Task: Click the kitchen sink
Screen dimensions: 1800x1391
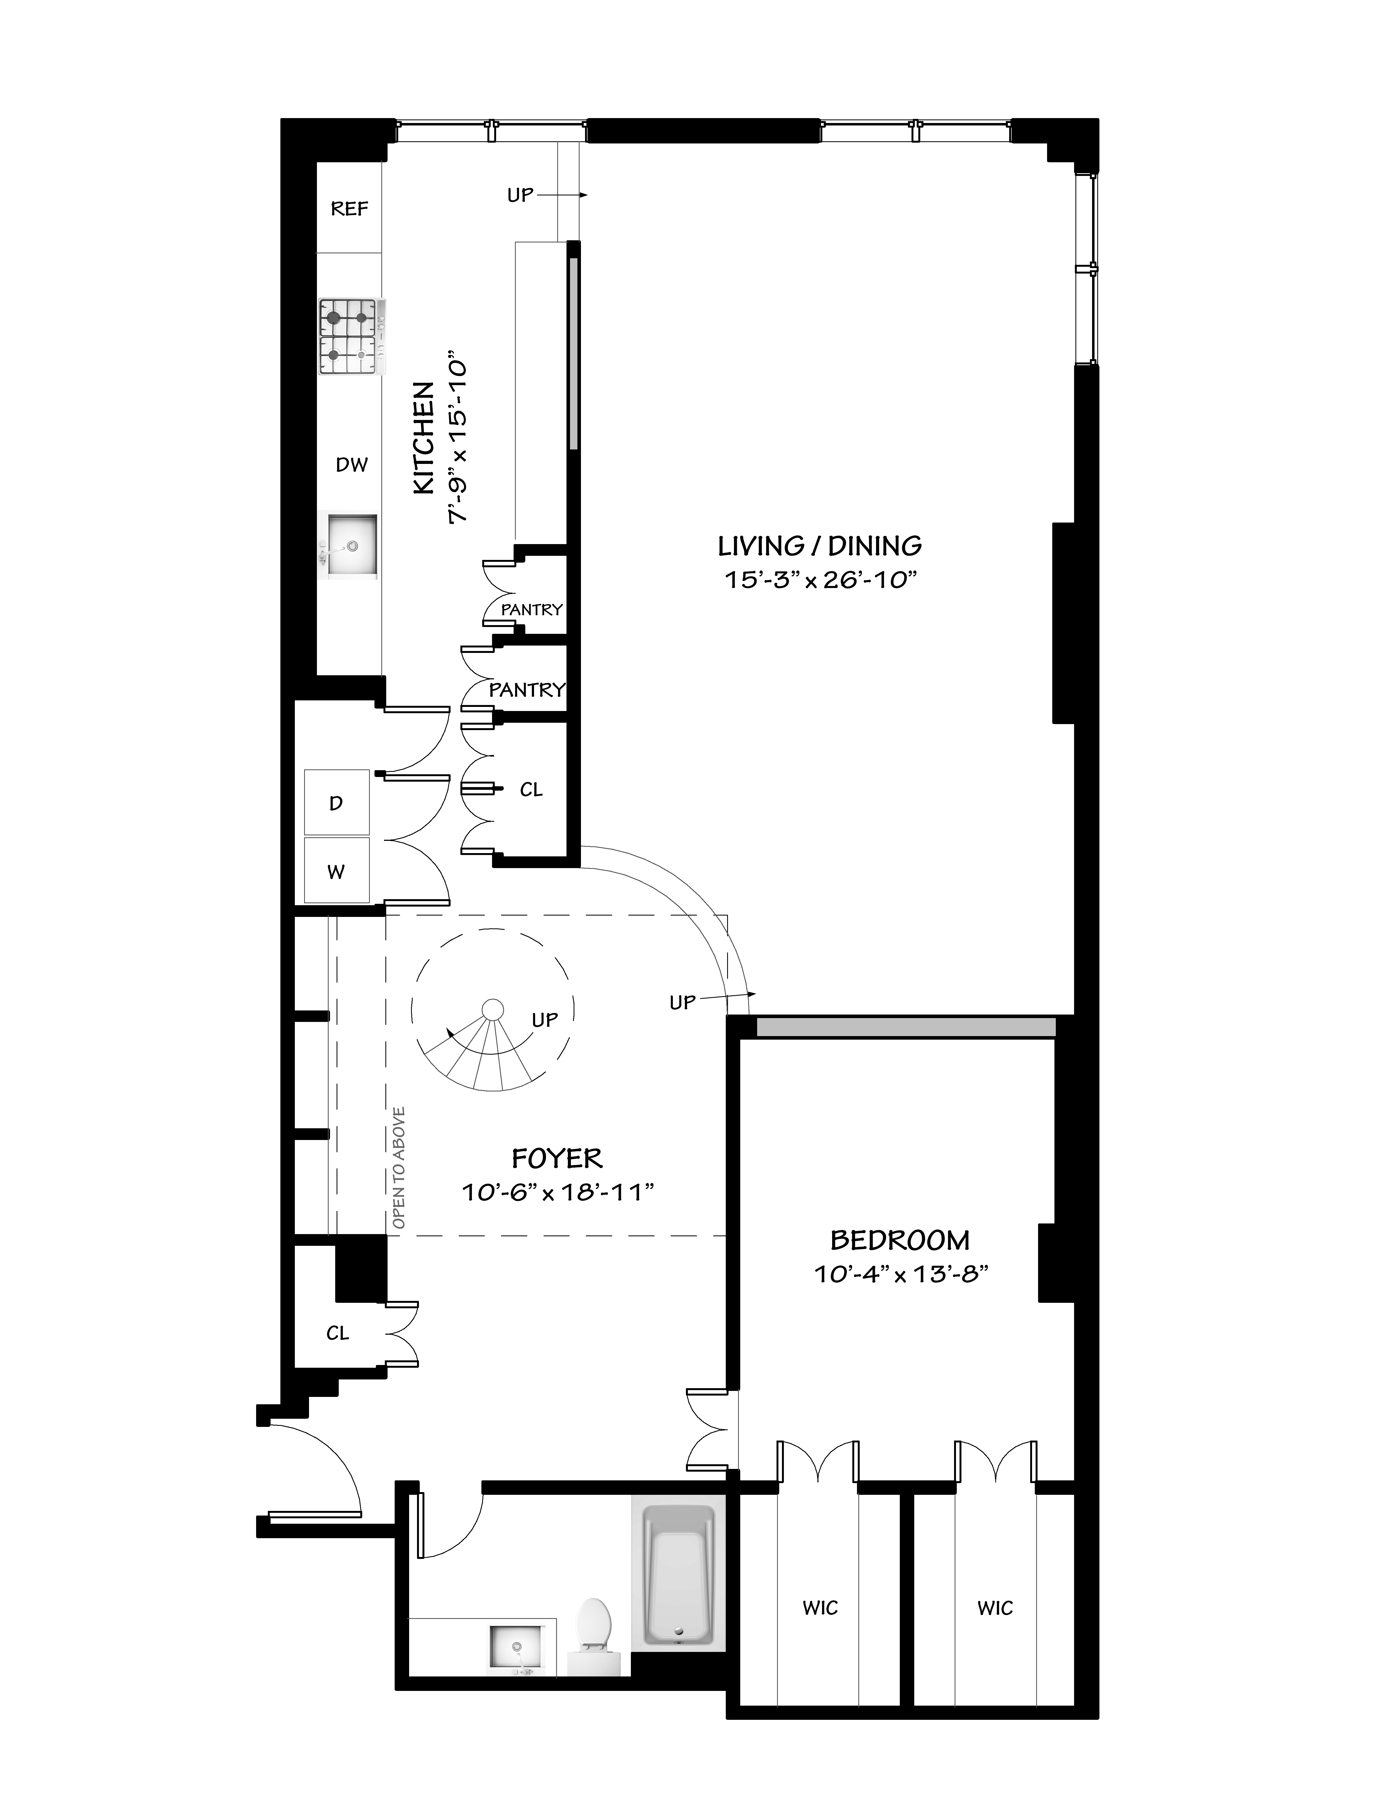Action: tap(352, 546)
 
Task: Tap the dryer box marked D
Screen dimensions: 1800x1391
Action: tap(336, 803)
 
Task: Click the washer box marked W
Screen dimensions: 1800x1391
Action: tap(336, 872)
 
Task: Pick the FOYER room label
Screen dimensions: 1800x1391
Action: tap(557, 1159)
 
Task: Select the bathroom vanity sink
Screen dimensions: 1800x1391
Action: tap(517, 1648)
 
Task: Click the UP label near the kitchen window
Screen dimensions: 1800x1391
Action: tap(520, 195)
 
